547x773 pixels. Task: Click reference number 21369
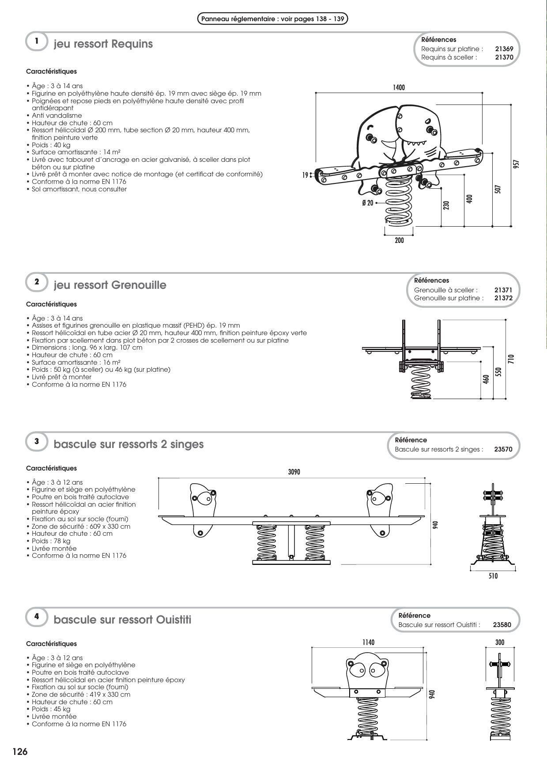504,49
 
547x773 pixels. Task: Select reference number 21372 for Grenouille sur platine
503,298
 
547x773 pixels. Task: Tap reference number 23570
503,449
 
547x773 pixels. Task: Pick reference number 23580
502,625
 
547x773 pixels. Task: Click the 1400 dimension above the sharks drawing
399,88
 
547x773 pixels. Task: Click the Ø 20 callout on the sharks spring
367,203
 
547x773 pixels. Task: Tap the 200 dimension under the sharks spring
399,241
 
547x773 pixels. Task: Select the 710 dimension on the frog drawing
511,358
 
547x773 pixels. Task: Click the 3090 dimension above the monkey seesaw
294,472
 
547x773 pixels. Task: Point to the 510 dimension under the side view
493,576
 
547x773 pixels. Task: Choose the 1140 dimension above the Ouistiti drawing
368,642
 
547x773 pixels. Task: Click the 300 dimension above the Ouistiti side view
500,642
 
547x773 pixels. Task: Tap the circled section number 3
37,441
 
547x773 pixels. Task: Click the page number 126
20,752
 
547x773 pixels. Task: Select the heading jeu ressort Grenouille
110,285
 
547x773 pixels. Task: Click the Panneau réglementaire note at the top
272,19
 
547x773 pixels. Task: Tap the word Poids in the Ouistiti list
41,709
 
